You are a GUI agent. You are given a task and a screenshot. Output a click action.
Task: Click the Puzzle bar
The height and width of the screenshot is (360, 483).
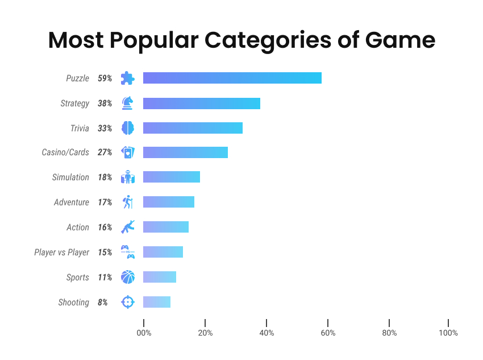pyautogui.click(x=232, y=78)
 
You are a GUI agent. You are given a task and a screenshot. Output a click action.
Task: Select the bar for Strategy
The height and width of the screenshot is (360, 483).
pyautogui.click(x=201, y=103)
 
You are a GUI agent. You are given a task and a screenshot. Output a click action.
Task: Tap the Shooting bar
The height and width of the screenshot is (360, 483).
pyautogui.click(x=156, y=302)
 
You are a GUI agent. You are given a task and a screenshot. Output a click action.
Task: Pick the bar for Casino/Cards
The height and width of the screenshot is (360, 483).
pyautogui.click(x=185, y=152)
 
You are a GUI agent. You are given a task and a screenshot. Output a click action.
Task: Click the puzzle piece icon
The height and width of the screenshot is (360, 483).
pyautogui.click(x=127, y=78)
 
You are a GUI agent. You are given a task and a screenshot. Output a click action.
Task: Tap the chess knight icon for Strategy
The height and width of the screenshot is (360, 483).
pyautogui.click(x=127, y=103)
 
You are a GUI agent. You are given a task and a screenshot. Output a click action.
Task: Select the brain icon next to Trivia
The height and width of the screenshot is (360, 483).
pyautogui.click(x=127, y=128)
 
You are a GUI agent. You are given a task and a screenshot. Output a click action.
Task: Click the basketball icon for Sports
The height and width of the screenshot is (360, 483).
pyautogui.click(x=127, y=277)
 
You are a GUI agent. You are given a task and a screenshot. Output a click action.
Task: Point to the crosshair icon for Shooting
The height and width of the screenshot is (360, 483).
pyautogui.click(x=127, y=302)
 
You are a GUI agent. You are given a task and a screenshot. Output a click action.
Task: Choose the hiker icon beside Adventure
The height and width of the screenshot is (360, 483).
pyautogui.click(x=127, y=202)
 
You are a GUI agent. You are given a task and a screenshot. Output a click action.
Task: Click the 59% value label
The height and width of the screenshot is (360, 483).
pyautogui.click(x=105, y=78)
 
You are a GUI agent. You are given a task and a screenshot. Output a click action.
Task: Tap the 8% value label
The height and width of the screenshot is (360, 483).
pyautogui.click(x=102, y=303)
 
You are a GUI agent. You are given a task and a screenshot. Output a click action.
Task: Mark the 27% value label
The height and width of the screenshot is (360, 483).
pyautogui.click(x=105, y=153)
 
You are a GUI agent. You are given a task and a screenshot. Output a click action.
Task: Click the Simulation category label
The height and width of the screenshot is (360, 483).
pyautogui.click(x=70, y=177)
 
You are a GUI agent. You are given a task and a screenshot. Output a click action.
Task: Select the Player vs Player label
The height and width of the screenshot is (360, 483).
pyautogui.click(x=61, y=253)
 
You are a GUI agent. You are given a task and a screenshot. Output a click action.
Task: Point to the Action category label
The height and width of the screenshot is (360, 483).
pyautogui.click(x=78, y=227)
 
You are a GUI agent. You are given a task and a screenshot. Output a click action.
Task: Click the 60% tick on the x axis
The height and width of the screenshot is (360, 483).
pyautogui.click(x=328, y=333)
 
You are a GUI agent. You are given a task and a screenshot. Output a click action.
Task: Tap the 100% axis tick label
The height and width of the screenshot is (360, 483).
pyautogui.click(x=448, y=333)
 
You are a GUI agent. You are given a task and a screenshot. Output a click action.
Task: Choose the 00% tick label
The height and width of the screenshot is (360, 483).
pyautogui.click(x=144, y=333)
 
